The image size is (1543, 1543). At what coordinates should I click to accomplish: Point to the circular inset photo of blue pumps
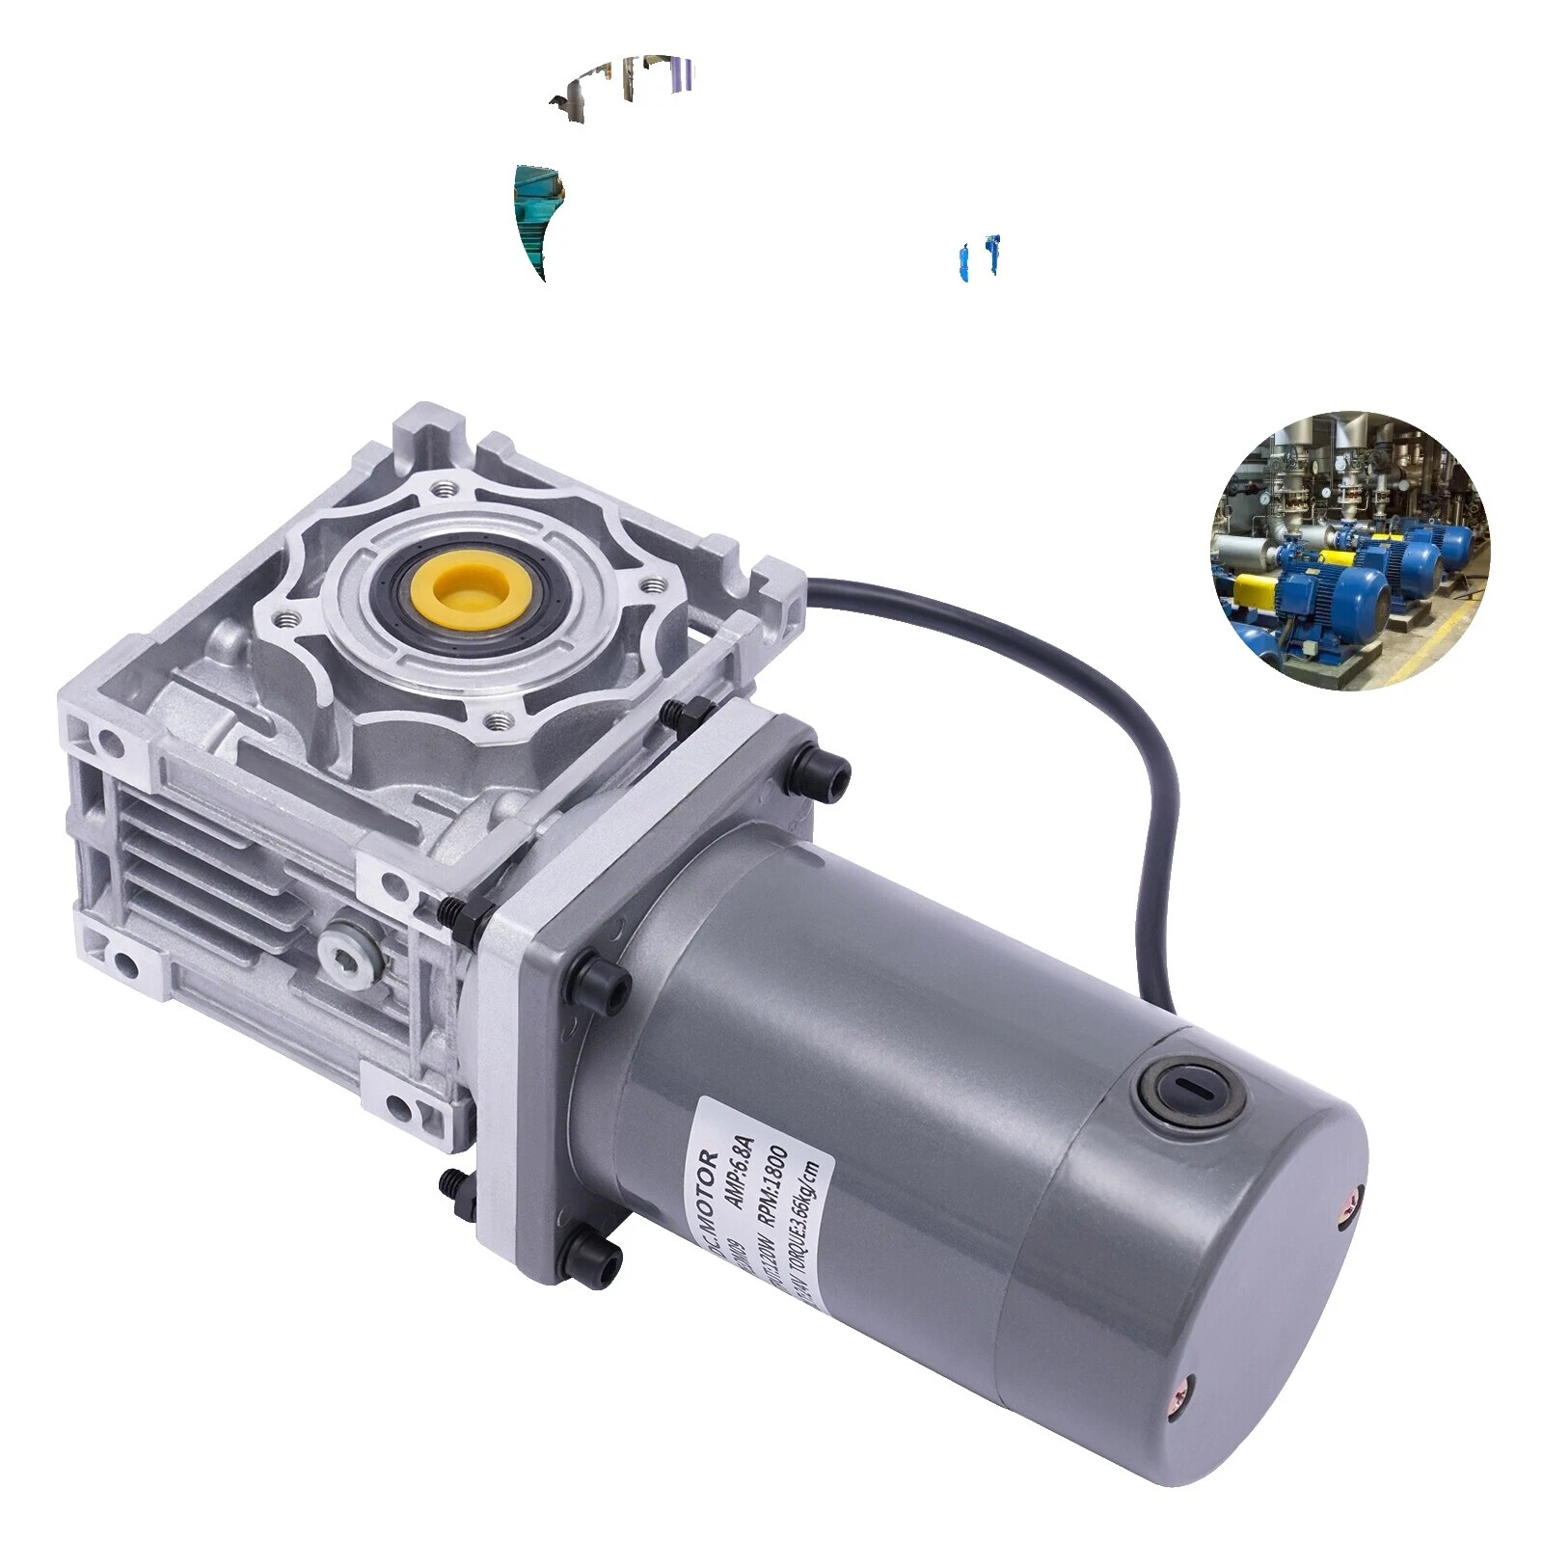[x=1350, y=551]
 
